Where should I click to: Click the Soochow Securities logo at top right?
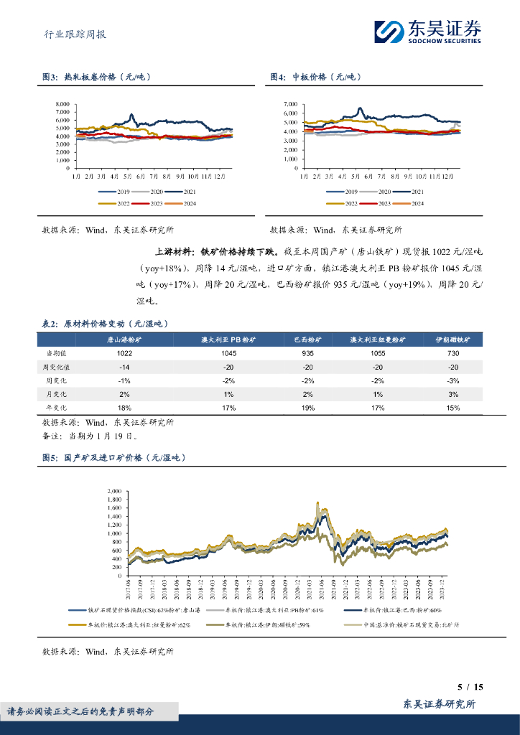tap(428, 31)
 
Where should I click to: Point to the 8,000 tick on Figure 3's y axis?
tap(62, 105)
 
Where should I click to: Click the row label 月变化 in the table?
tap(58, 394)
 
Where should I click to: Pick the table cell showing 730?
tap(453, 353)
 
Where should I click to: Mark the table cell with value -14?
tap(124, 367)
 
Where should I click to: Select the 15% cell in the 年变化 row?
tap(453, 408)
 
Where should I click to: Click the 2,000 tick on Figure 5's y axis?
tap(115, 492)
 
